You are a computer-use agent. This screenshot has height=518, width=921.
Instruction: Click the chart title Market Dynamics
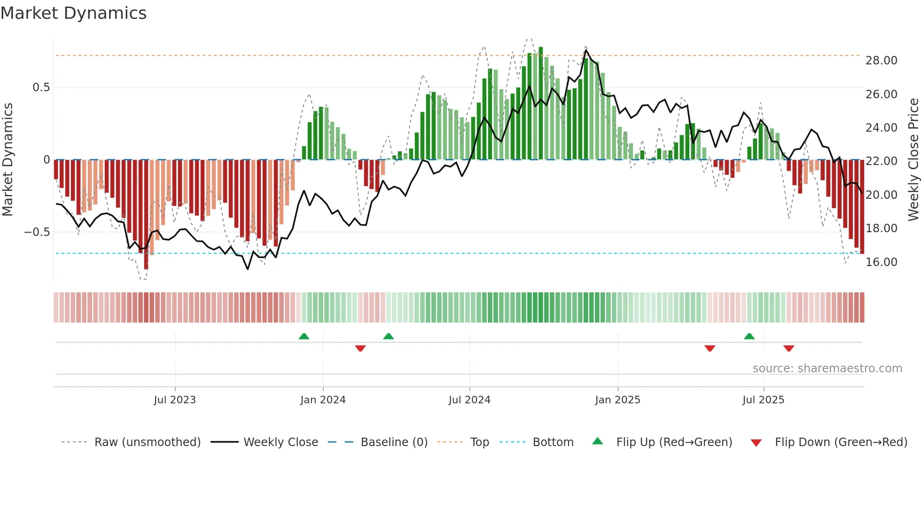coord(73,13)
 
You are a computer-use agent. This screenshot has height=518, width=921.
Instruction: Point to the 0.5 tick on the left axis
coord(41,87)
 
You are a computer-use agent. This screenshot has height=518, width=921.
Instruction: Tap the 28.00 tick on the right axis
coord(881,61)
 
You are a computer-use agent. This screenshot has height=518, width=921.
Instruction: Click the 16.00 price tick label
coord(881,262)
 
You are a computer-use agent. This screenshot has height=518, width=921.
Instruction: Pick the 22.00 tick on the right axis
coord(881,161)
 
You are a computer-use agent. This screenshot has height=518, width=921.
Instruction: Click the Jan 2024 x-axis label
coord(323,400)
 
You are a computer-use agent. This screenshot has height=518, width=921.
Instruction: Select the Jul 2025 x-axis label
coord(763,400)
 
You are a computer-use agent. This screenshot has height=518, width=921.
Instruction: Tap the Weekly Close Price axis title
coord(913,160)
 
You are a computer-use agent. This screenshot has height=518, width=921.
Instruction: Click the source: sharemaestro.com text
coord(827,369)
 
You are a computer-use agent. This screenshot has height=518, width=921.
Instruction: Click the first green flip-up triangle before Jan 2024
coord(304,336)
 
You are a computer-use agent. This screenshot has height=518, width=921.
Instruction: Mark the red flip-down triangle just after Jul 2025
coord(788,348)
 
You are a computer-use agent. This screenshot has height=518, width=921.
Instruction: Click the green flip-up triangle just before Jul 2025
coord(749,336)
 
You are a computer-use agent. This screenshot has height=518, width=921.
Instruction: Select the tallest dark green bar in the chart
coord(541,103)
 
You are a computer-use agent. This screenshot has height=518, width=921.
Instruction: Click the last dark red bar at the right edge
coord(862,207)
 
